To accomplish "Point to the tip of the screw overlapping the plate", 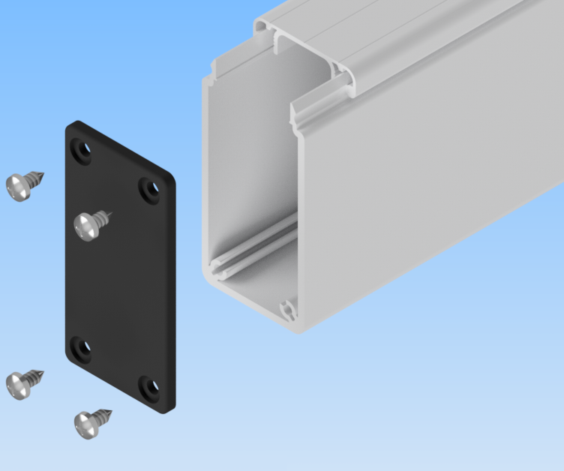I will (x=113, y=215).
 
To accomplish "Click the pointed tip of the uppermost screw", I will (x=43, y=175).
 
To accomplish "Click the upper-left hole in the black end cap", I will (x=80, y=150).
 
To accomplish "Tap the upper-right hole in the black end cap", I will (x=150, y=188).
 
